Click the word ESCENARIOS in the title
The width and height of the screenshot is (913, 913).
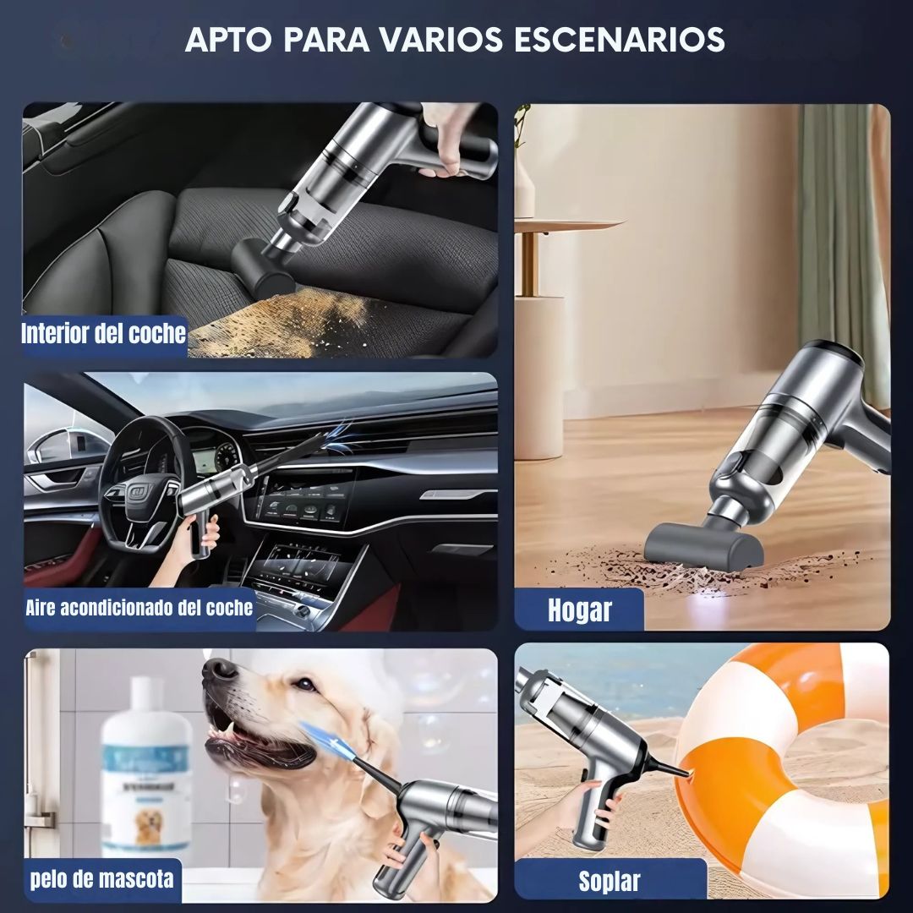coord(620,40)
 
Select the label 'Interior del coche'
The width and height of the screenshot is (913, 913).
coord(104,334)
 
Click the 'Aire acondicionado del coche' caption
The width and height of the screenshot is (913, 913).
coord(139,608)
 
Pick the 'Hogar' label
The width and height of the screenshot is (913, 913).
coord(579,610)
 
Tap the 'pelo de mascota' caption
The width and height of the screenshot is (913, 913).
coord(102,878)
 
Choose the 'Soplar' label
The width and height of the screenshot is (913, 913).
coord(609,881)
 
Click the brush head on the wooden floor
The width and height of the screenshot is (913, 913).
coord(703,544)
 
